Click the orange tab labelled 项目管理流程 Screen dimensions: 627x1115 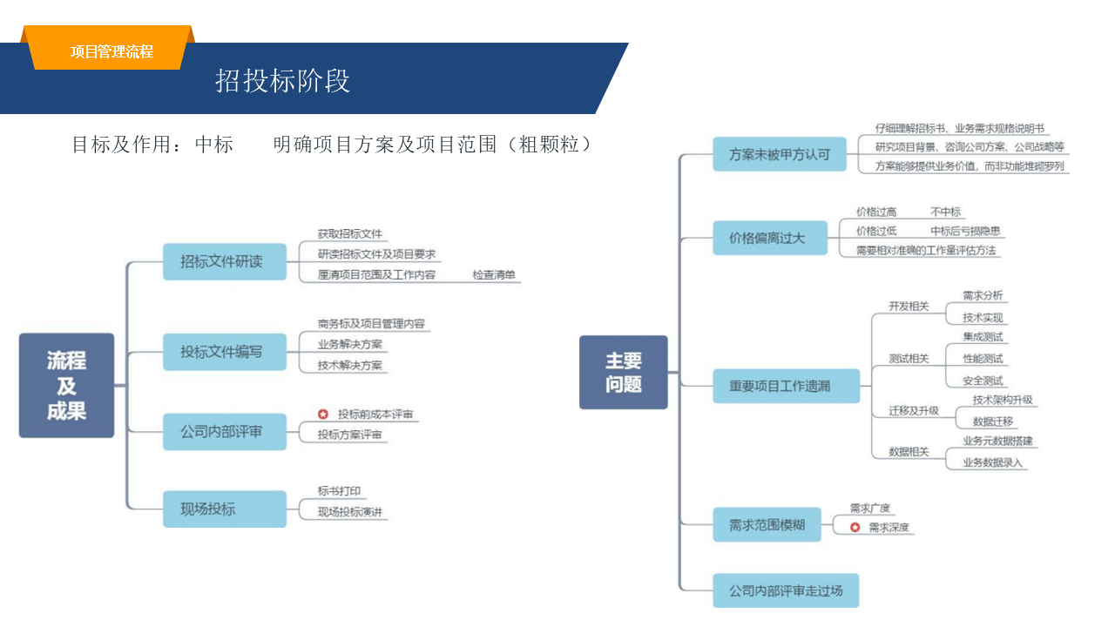[x=111, y=51]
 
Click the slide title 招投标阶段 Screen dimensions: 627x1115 [x=282, y=81]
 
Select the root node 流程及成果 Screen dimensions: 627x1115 [x=66, y=385]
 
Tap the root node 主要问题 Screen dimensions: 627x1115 [x=624, y=372]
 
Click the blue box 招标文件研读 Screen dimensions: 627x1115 [x=225, y=261]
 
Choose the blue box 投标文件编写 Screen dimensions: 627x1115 [x=225, y=352]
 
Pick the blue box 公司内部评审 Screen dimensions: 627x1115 [x=225, y=431]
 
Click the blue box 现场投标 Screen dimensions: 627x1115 [x=225, y=509]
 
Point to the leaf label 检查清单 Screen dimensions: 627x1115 [x=494, y=275]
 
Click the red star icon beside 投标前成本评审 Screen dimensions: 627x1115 [x=323, y=415]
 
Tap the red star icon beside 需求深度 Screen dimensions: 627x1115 [x=855, y=527]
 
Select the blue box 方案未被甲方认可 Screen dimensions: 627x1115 [x=780, y=155]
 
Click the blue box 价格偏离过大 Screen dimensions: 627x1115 [x=770, y=238]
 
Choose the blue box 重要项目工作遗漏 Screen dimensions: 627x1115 [x=786, y=386]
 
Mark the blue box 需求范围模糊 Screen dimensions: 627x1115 [x=767, y=525]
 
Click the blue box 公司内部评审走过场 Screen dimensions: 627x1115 [x=786, y=590]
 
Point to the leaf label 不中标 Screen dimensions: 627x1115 [x=945, y=212]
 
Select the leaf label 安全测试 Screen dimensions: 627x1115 [x=983, y=381]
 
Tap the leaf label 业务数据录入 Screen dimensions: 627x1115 [x=992, y=462]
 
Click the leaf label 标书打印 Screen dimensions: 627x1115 [x=339, y=491]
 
